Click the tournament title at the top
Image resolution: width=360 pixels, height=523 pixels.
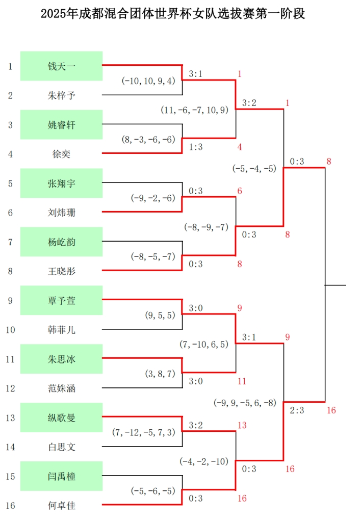coord(173,14)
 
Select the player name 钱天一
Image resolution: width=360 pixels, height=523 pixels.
coord(62,66)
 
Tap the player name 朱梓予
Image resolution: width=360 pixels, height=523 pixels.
coord(62,95)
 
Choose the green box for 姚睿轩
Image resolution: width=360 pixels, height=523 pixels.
coord(62,124)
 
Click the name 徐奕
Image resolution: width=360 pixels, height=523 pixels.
coord(62,154)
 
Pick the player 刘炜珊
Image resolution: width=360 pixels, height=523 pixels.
coord(62,213)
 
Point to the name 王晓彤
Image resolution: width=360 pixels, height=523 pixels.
coord(62,271)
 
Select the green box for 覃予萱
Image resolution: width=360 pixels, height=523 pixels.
coord(62,300)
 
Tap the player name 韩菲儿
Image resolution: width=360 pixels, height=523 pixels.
coord(62,330)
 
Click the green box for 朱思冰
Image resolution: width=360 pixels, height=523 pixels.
coord(62,359)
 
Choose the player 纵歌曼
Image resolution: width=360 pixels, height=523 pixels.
coord(62,417)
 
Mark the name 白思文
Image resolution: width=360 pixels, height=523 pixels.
coord(62,447)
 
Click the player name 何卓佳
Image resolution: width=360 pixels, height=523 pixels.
coord(62,506)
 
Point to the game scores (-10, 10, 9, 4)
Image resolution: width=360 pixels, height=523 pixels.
coord(148,81)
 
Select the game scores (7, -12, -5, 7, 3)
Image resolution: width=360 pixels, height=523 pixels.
coord(143,432)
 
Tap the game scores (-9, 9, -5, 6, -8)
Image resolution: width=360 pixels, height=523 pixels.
coord(245,403)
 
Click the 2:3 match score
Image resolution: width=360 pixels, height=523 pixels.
coord(297,410)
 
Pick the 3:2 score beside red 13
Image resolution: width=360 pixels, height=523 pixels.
coord(196,425)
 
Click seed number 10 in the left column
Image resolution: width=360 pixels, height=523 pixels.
coord(10,330)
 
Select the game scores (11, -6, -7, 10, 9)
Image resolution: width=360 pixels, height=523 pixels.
coord(195,110)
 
